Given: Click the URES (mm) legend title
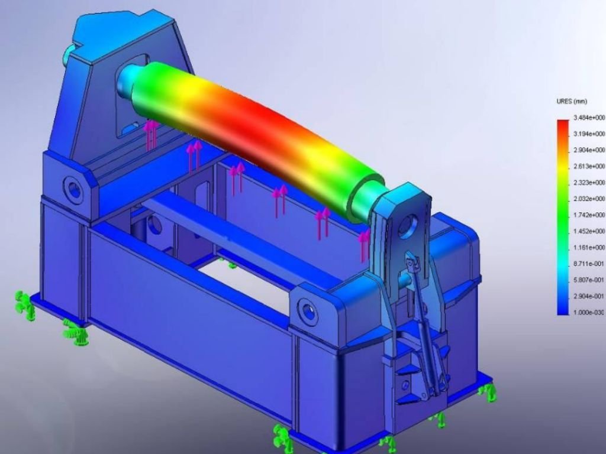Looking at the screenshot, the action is pos(572,102).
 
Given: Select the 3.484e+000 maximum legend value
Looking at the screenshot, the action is pos(589,118).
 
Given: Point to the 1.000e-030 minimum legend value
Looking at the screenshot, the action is pos(589,312).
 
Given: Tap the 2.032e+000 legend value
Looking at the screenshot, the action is pos(589,199).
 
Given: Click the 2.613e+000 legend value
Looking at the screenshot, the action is pos(589,166).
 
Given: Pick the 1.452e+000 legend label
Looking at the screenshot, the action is pos(589,231).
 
